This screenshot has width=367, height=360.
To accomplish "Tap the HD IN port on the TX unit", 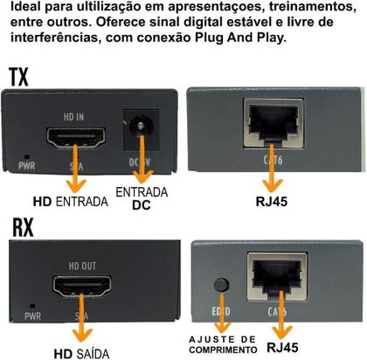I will [78, 137].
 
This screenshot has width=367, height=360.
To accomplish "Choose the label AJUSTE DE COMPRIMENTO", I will [223, 343].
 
